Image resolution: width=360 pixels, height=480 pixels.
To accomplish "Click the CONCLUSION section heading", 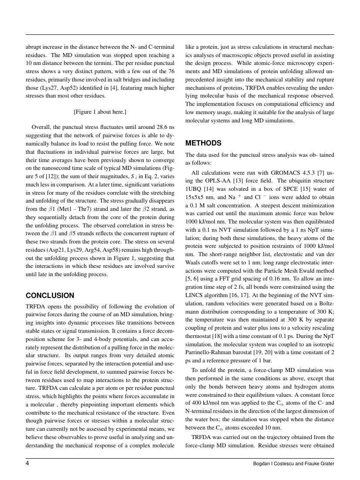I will point(50,295).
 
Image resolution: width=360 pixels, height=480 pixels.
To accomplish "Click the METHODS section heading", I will point(203,143).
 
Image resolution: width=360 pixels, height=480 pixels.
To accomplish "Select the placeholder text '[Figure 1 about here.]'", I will point(100,112).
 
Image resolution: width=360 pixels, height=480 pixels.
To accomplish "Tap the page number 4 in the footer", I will point(28,463).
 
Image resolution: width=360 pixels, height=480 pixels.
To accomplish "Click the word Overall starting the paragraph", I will point(41,127).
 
